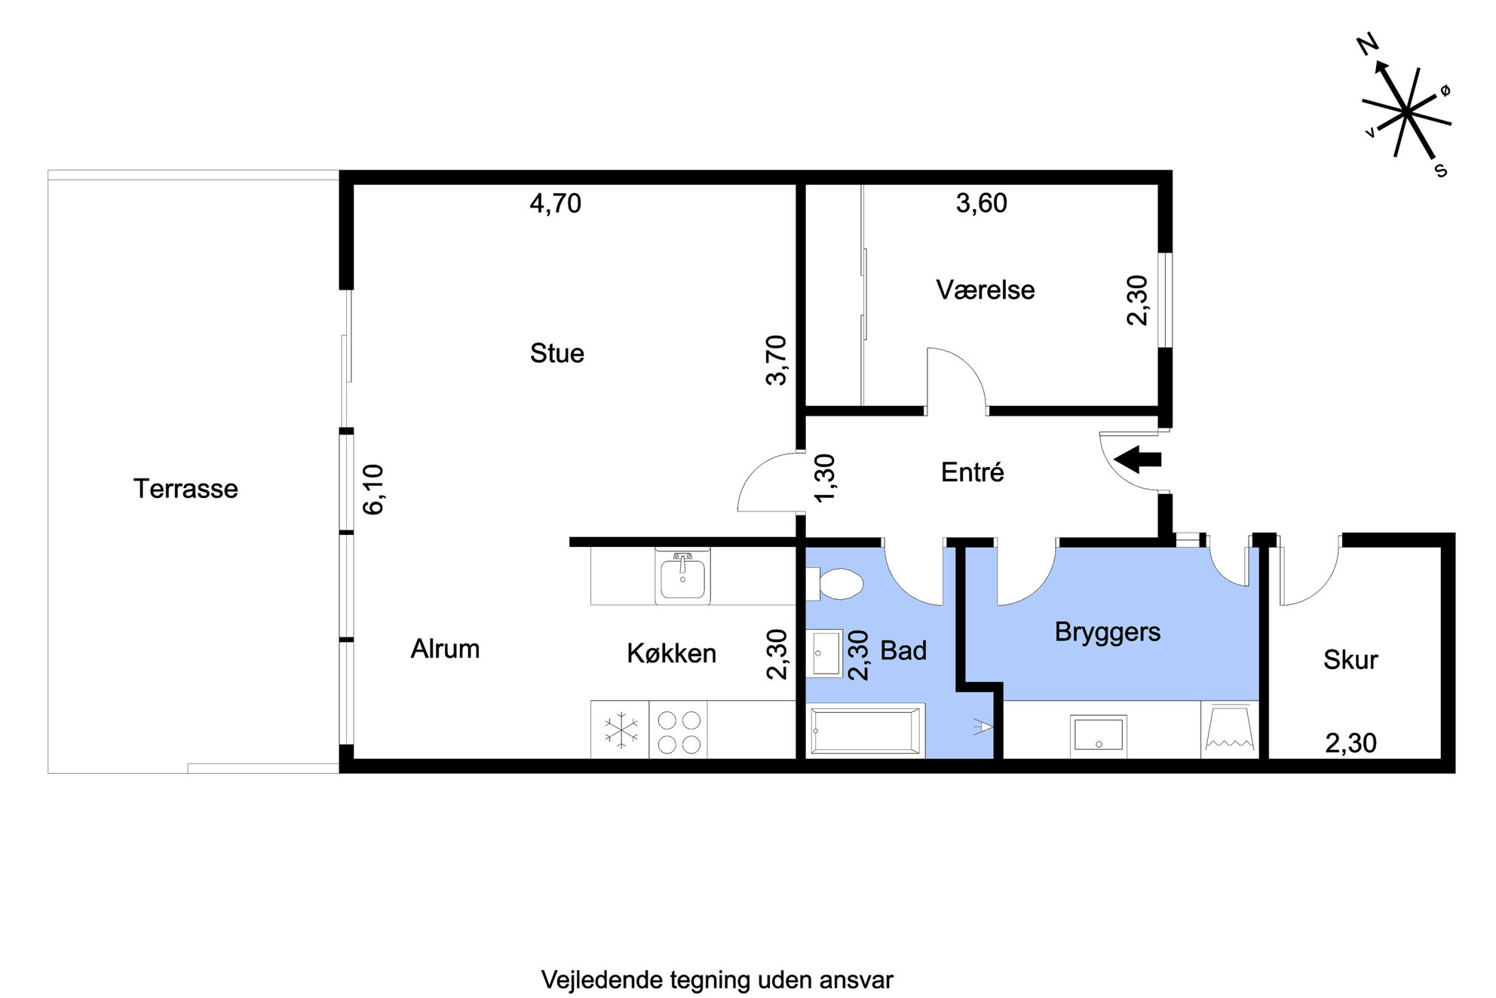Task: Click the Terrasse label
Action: pyautogui.click(x=185, y=489)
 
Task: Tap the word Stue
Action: pyautogui.click(x=557, y=353)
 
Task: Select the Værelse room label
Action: pyautogui.click(x=986, y=290)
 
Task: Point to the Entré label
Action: pyautogui.click(x=973, y=472)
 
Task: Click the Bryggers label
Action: pyautogui.click(x=1108, y=632)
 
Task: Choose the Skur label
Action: pyautogui.click(x=1350, y=660)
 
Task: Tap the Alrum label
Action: pyautogui.click(x=445, y=649)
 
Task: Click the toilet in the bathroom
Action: pyautogui.click(x=835, y=583)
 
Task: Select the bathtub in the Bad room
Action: pyautogui.click(x=866, y=730)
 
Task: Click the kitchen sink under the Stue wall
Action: pyautogui.click(x=682, y=576)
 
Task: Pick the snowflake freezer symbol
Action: pyautogui.click(x=621, y=730)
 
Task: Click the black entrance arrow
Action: pyautogui.click(x=1137, y=459)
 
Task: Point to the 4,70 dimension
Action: pyautogui.click(x=556, y=204)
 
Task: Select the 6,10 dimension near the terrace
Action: pyautogui.click(x=373, y=490)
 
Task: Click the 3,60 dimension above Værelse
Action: pyautogui.click(x=982, y=204)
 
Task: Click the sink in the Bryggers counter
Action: pyautogui.click(x=1099, y=735)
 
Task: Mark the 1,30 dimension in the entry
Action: pyautogui.click(x=825, y=478)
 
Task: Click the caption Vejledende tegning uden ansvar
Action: pyautogui.click(x=717, y=980)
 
